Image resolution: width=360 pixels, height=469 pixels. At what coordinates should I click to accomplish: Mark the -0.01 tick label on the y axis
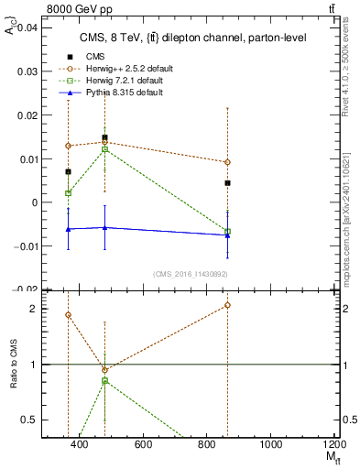pos(24,245)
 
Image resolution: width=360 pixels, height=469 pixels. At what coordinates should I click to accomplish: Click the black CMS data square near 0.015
pos(104,137)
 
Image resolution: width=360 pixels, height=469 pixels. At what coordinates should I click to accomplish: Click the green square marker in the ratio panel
pos(104,380)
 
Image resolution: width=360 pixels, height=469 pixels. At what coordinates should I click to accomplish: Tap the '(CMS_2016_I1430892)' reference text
pos(191,273)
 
